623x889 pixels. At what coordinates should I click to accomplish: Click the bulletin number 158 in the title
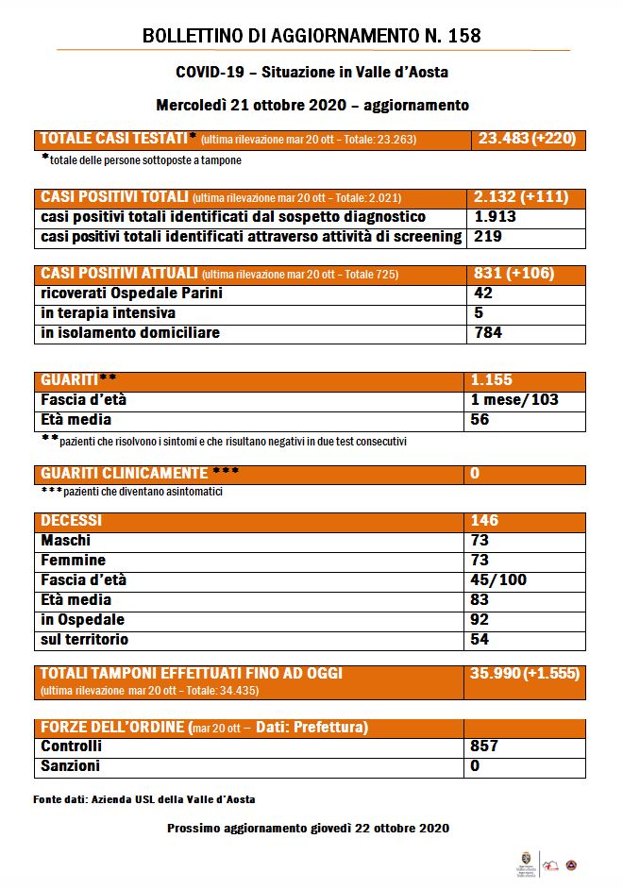[x=462, y=37]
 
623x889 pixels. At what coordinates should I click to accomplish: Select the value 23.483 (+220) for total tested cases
[x=527, y=139]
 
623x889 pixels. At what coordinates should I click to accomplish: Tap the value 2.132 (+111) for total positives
[x=523, y=197]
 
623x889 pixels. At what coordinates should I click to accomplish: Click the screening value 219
[x=484, y=237]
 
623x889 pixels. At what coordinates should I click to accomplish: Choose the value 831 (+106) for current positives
[x=514, y=274]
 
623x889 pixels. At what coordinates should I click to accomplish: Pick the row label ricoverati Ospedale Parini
[x=132, y=294]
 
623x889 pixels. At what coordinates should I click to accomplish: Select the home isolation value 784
[x=488, y=332]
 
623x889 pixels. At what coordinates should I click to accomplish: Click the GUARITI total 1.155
[x=492, y=379]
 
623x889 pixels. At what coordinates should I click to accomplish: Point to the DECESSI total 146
[x=484, y=521]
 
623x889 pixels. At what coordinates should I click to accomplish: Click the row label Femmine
[x=74, y=561]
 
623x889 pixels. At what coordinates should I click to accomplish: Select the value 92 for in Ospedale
[x=480, y=620]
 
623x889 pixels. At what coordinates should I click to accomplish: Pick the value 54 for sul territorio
[x=480, y=640]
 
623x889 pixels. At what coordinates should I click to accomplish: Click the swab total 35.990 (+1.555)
[x=525, y=674]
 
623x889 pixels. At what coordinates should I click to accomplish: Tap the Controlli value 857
[x=484, y=746]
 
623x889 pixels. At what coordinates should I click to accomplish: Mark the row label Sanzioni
[x=71, y=766]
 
